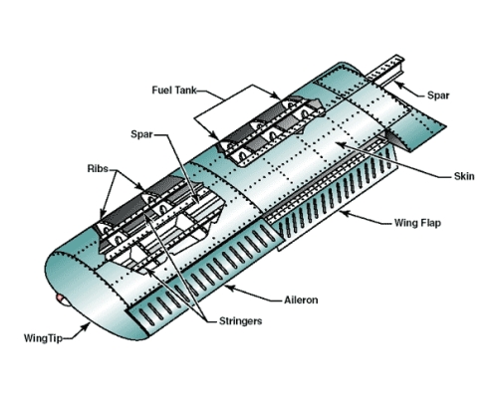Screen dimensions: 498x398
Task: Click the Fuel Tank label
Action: (174, 91)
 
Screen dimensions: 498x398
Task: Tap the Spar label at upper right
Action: (438, 96)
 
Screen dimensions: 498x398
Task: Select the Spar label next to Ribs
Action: (141, 134)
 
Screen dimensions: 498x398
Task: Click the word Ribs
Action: (98, 168)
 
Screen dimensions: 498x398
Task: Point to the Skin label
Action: (464, 176)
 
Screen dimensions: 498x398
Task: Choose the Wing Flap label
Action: (417, 223)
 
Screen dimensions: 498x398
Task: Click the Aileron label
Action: (301, 299)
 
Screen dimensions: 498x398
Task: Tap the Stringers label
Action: (240, 321)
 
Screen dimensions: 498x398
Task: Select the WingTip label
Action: (43, 338)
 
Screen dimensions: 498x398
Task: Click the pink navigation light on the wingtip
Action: (61, 298)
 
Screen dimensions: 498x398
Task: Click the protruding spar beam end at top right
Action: (386, 71)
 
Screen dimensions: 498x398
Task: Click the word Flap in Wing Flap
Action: (430, 223)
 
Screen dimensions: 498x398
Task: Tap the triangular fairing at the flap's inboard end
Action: (400, 137)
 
